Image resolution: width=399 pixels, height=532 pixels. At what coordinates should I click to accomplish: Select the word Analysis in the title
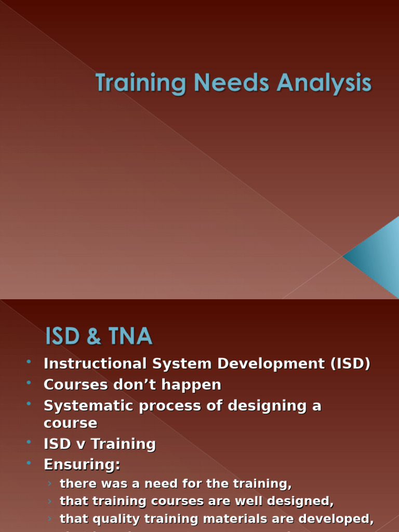[324, 84]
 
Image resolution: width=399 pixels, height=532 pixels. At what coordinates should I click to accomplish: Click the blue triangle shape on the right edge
[377, 256]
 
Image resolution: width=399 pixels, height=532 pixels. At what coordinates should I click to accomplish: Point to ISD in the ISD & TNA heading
[62, 337]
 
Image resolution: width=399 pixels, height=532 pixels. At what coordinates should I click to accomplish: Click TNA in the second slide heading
[131, 337]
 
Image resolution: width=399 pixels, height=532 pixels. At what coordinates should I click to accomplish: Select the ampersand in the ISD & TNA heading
[94, 337]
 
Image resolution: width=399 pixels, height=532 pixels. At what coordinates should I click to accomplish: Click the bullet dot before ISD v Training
[29, 443]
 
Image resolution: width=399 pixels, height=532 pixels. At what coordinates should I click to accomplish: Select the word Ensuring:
[82, 464]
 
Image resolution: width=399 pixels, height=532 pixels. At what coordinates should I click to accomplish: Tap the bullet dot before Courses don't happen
[29, 383]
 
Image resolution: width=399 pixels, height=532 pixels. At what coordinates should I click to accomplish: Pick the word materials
[247, 518]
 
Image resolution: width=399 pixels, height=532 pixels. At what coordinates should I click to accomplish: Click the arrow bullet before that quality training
[49, 518]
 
